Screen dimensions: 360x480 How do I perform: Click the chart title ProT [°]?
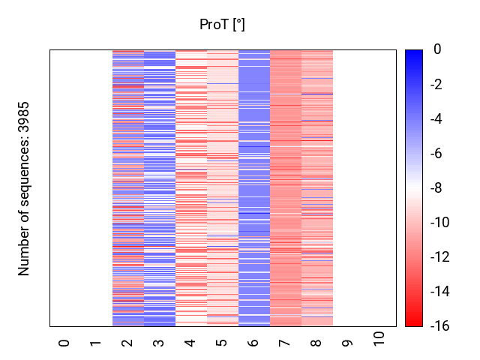click(x=222, y=25)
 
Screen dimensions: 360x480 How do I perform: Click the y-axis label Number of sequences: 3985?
click(x=24, y=188)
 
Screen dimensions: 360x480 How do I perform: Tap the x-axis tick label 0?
click(x=64, y=343)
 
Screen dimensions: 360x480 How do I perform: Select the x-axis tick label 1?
click(x=96, y=343)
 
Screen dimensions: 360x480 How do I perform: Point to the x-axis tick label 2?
click(x=127, y=343)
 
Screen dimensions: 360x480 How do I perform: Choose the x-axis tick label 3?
click(x=159, y=343)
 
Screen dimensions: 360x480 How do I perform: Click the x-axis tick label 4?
click(x=190, y=343)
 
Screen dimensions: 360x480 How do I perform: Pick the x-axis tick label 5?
click(x=222, y=343)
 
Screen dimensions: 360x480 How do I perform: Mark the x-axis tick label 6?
click(x=253, y=343)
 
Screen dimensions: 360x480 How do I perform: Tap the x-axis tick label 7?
click(x=285, y=343)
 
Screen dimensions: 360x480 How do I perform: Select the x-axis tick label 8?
click(x=316, y=343)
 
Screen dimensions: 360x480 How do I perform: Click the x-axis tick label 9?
click(x=348, y=343)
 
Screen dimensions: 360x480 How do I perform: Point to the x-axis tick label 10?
click(x=379, y=339)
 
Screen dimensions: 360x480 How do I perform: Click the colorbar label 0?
click(x=436, y=50)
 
